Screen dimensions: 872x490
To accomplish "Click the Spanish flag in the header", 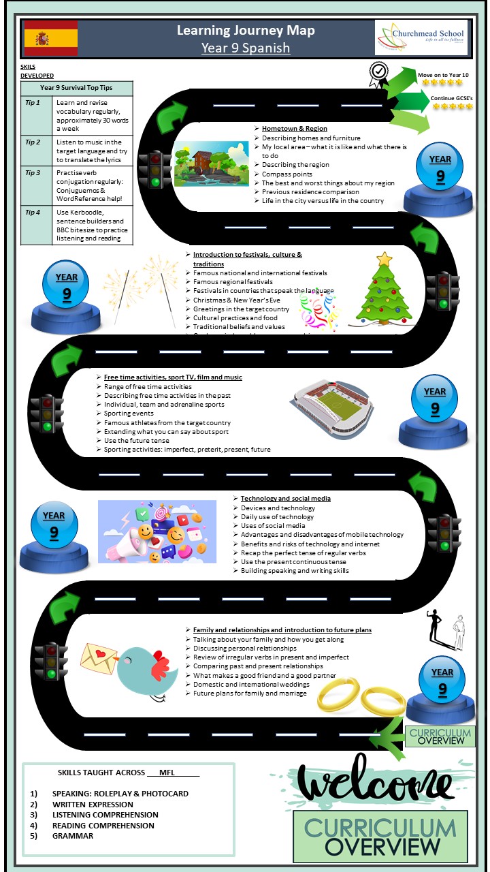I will coord(50,38).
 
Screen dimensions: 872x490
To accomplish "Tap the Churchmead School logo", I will coord(421,37).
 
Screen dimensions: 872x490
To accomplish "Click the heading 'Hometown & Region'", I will coord(295,128).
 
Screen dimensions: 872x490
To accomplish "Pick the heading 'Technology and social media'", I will coord(286,499).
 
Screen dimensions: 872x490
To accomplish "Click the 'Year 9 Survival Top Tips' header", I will coord(76,88).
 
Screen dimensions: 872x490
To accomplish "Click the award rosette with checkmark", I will coord(378,73).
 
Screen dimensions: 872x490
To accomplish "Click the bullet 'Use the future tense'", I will coord(137,441).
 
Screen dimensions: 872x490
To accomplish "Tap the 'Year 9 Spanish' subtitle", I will coord(246,48).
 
